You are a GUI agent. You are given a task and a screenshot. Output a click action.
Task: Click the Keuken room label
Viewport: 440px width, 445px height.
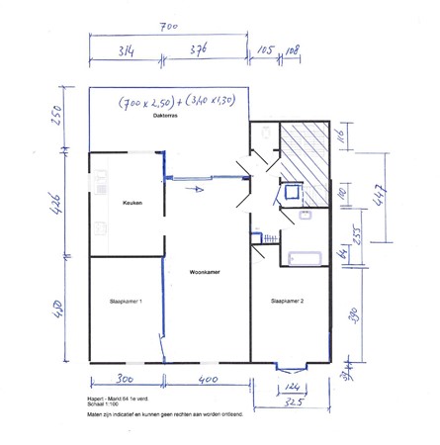[x=132, y=203]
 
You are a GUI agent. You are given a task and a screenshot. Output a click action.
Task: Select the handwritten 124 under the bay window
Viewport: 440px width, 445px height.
[x=291, y=386]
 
